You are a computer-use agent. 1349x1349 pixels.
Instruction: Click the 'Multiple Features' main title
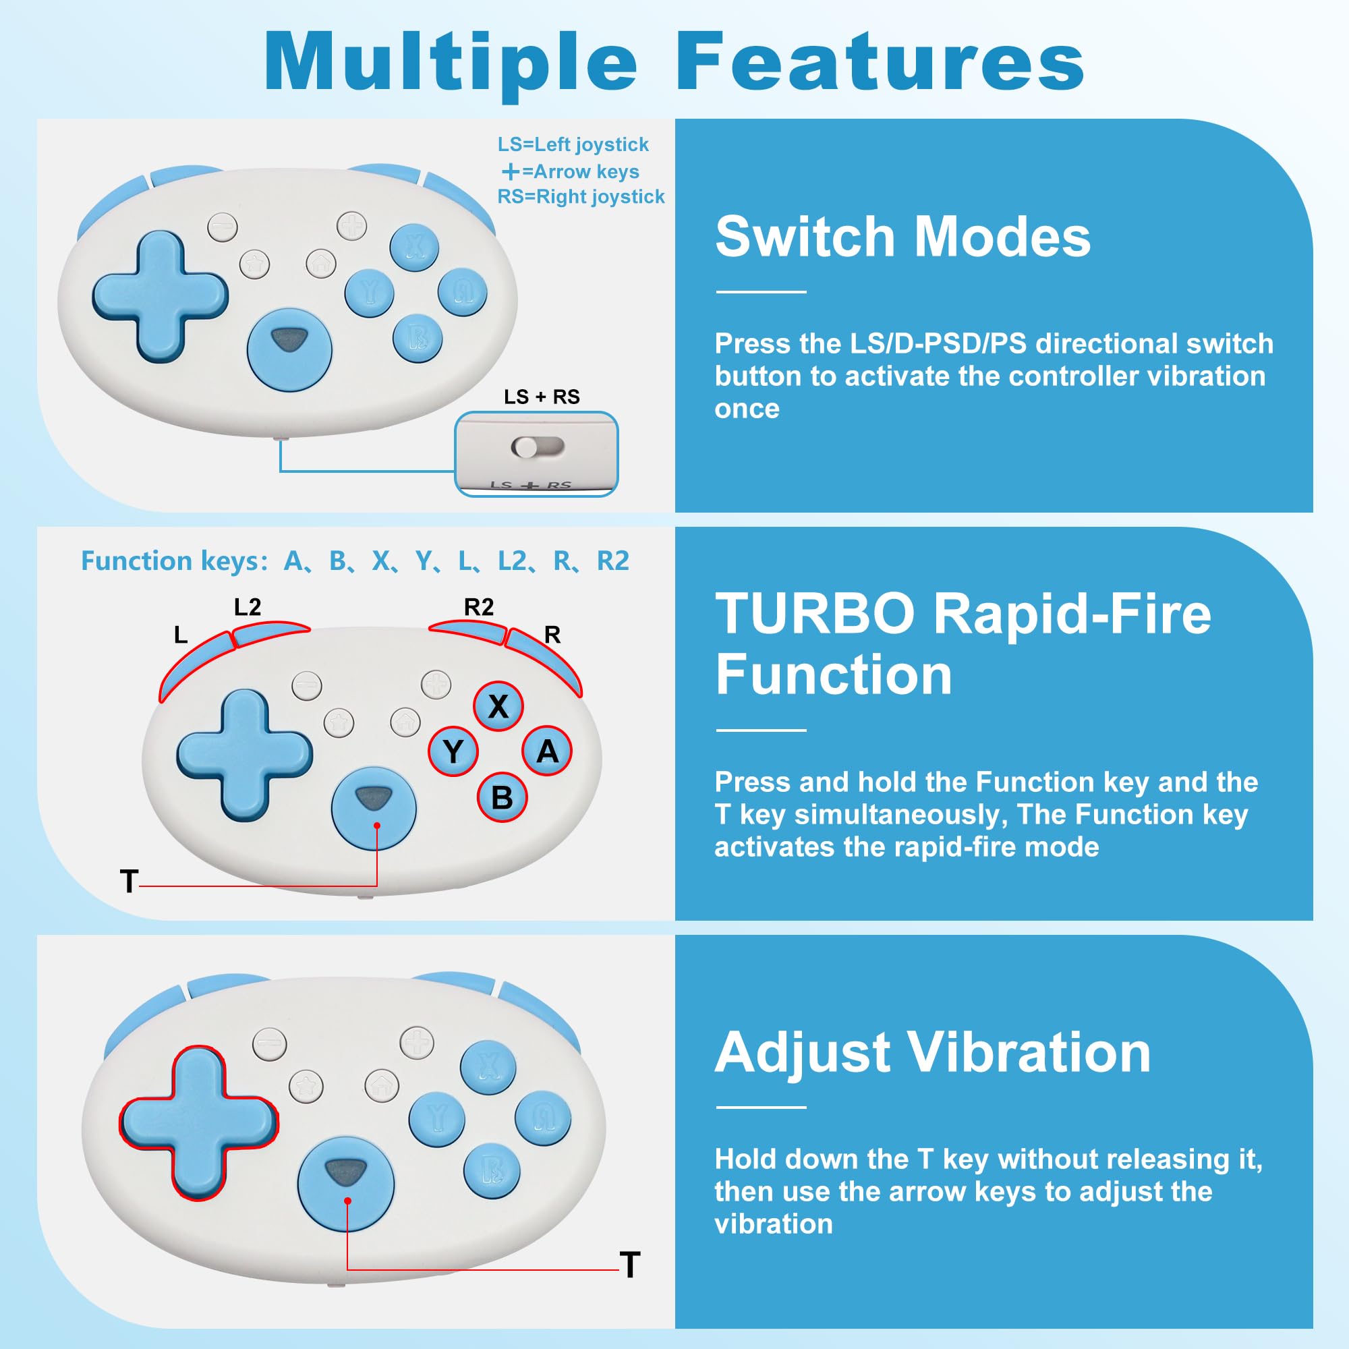(674, 63)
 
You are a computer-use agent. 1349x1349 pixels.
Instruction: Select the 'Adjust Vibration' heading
(932, 1052)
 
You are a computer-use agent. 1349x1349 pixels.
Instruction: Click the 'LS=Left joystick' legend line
(573, 144)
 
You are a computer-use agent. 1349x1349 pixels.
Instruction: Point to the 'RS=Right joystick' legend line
(580, 197)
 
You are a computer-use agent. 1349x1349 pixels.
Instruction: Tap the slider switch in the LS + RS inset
(537, 447)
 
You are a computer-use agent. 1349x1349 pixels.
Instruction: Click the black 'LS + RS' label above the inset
(542, 397)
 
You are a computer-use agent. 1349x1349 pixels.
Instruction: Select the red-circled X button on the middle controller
(498, 706)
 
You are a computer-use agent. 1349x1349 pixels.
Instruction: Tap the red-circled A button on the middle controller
(547, 751)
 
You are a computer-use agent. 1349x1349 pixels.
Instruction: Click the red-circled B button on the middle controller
(501, 797)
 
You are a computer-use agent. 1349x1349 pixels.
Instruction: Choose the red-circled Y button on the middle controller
(453, 751)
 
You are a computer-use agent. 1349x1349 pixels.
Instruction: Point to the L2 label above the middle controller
(247, 607)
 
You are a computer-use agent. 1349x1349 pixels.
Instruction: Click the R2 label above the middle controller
(478, 607)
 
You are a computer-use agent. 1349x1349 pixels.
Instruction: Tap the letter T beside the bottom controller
(629, 1265)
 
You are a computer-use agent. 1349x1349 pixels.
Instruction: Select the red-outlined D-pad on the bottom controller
(199, 1123)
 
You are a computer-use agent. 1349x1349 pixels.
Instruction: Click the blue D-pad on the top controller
(160, 296)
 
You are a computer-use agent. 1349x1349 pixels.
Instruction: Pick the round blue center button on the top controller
(289, 349)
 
